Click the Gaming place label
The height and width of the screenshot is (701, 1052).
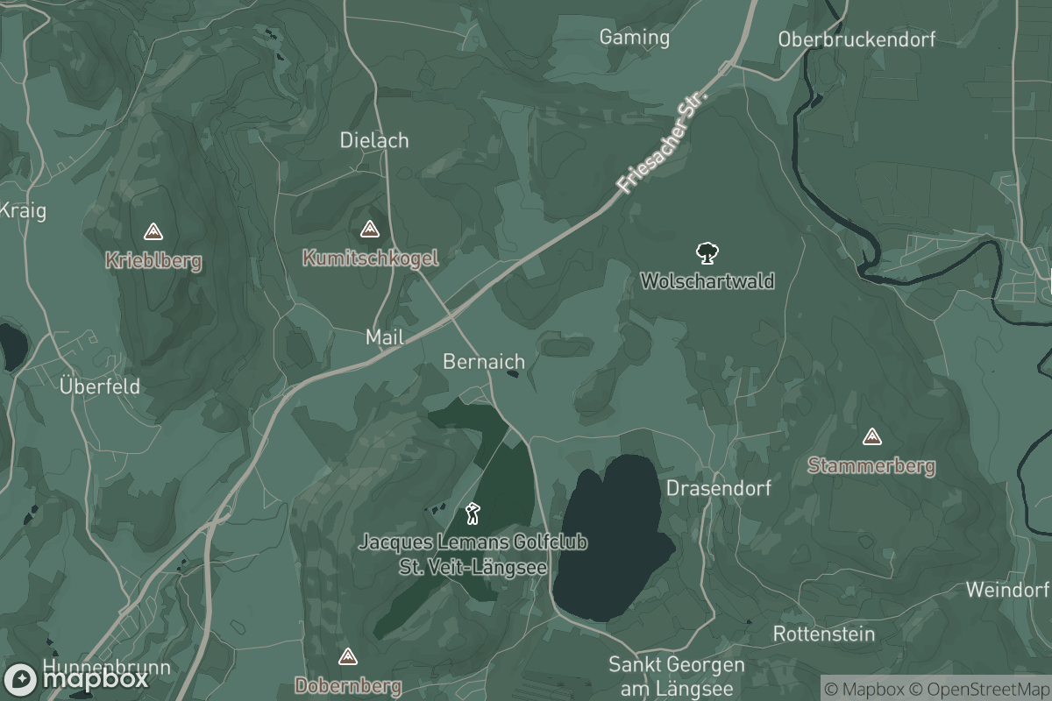634,37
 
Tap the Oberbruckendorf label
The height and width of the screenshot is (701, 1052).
857,39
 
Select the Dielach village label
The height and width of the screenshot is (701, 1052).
374,140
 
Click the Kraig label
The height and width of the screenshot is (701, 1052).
22,210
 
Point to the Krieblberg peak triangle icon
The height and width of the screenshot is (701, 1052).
153,232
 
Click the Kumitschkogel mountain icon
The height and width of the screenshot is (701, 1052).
369,230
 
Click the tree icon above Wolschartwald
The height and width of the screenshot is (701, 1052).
707,254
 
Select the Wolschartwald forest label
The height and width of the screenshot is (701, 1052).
707,281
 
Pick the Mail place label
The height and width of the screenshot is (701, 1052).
384,336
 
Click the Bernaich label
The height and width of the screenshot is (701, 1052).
484,361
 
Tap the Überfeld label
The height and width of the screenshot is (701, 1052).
99,386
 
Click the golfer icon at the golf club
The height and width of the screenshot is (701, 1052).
473,513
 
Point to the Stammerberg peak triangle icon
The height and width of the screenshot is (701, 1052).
871,436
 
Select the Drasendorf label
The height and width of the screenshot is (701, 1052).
719,488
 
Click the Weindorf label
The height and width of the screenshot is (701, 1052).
1007,589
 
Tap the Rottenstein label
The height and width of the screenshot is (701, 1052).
823,634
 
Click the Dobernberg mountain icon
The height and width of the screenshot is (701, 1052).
348,656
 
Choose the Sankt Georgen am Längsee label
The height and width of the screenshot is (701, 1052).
677,676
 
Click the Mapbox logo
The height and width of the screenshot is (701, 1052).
76,679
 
